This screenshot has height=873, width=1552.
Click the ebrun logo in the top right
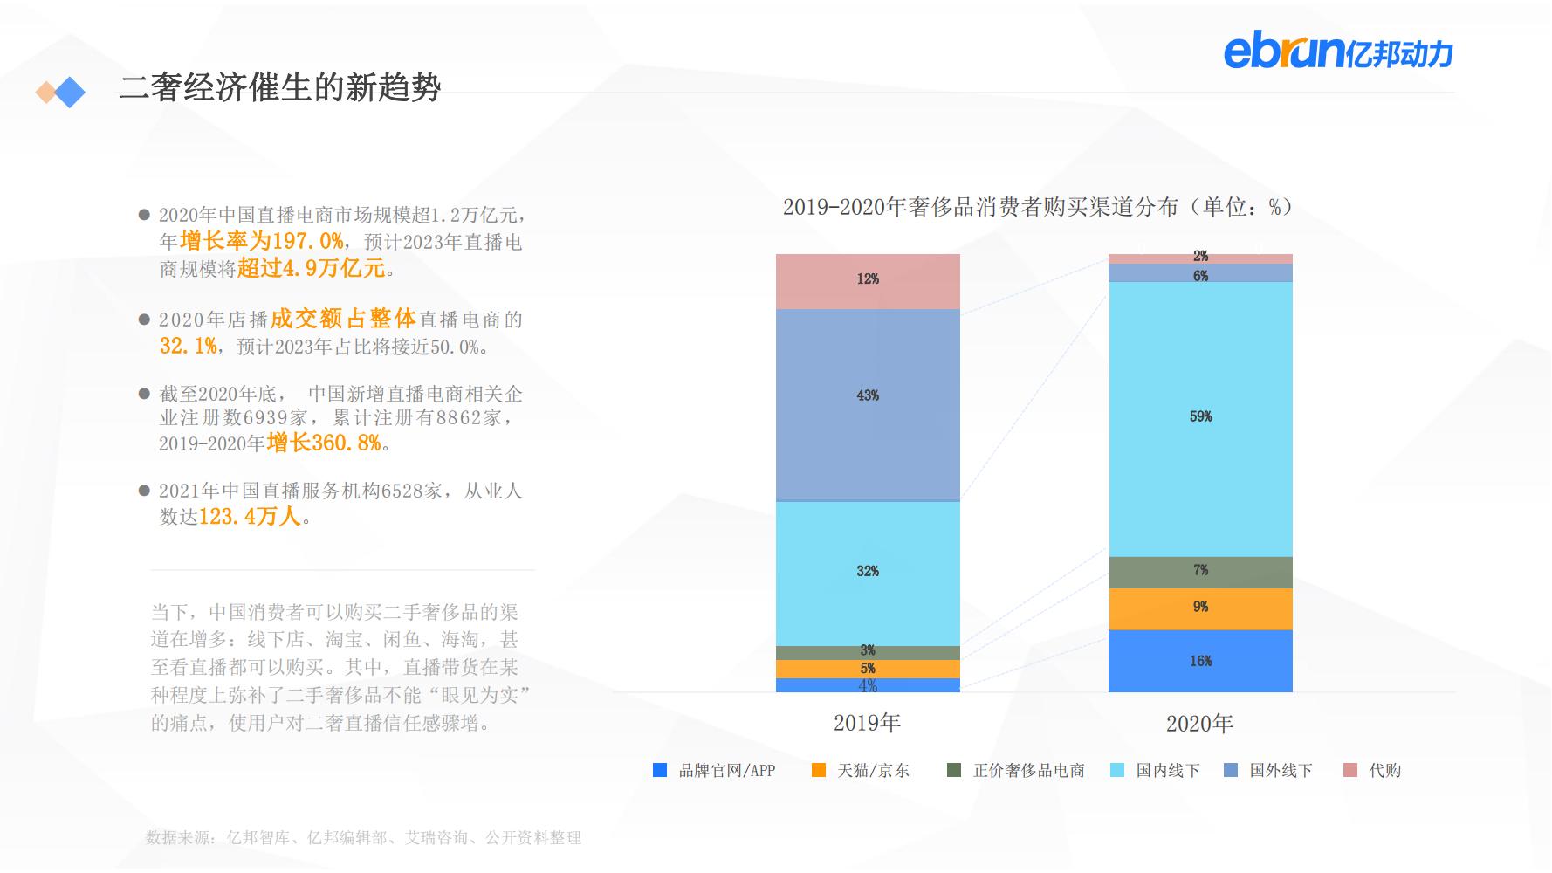pyautogui.click(x=1337, y=52)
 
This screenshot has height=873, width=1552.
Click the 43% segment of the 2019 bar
pyautogui.click(x=868, y=404)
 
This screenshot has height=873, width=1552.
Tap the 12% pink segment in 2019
pyautogui.click(x=868, y=281)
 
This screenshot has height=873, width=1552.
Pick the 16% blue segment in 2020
pyautogui.click(x=1200, y=661)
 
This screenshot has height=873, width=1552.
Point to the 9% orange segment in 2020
pyautogui.click(x=1200, y=608)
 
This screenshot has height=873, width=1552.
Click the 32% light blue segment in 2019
pyautogui.click(x=868, y=573)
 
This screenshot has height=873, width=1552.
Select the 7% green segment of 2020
pyautogui.click(x=1200, y=572)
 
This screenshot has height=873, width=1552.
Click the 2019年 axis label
pyautogui.click(x=867, y=723)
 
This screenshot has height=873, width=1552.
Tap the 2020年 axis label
pyautogui.click(x=1199, y=724)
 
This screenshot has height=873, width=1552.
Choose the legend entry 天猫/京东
pyautogui.click(x=862, y=771)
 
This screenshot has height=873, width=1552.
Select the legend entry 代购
pyautogui.click(x=1373, y=771)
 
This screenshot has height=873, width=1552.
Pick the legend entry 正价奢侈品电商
pyautogui.click(x=1017, y=771)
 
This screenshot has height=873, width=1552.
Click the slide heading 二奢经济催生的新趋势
pyautogui.click(x=280, y=87)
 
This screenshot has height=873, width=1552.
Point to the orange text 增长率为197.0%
pyautogui.click(x=261, y=241)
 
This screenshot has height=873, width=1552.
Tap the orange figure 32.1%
pyautogui.click(x=188, y=347)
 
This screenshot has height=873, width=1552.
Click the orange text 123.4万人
pyautogui.click(x=250, y=517)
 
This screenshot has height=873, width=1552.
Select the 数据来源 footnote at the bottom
pyautogui.click(x=362, y=838)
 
